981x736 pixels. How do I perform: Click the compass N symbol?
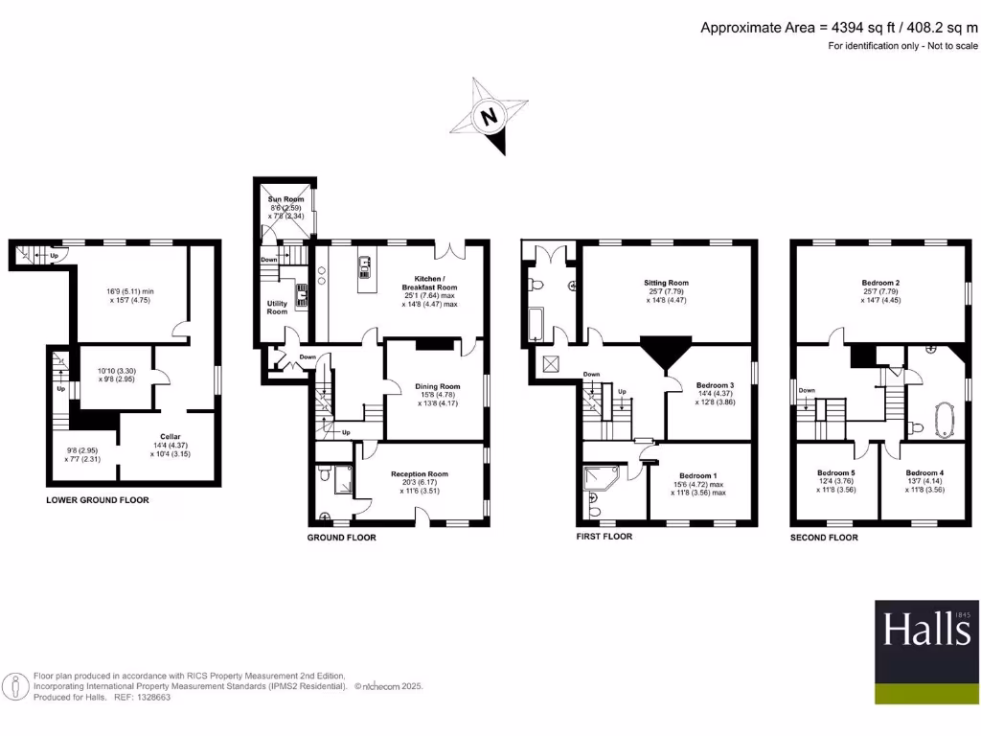(x=490, y=118)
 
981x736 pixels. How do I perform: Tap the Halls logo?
(x=926, y=631)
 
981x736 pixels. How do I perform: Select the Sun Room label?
(x=285, y=199)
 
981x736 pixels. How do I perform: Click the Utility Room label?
(x=277, y=308)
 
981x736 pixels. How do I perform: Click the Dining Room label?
(x=437, y=387)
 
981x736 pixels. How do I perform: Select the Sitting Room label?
(x=666, y=283)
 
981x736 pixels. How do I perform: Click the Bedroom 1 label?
(x=698, y=475)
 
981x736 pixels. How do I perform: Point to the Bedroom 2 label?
(x=879, y=283)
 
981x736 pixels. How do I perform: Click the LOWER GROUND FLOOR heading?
(x=98, y=500)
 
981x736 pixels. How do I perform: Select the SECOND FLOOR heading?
(x=824, y=538)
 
